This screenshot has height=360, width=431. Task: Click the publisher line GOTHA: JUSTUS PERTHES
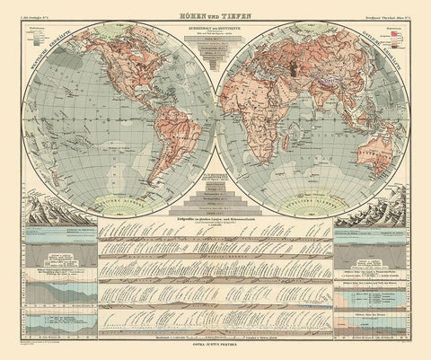coord(215,346)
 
